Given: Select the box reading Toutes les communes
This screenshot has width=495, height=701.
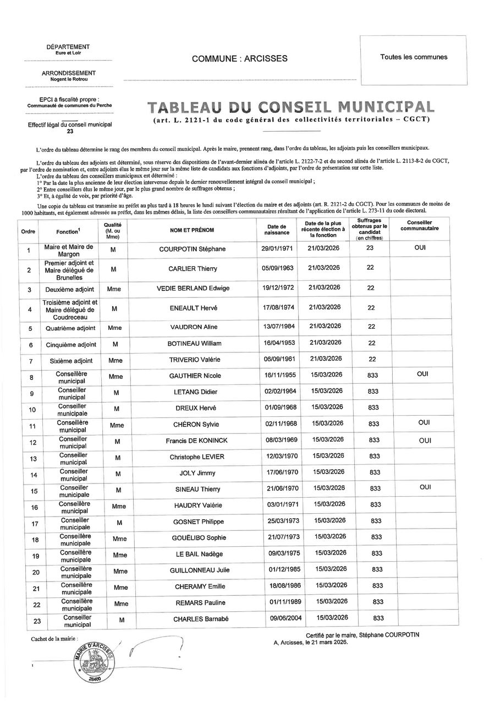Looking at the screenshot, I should [x=413, y=57].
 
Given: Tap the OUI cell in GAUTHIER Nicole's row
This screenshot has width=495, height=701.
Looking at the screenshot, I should [x=423, y=374].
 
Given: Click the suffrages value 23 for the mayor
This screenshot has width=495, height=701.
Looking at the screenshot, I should [x=370, y=248].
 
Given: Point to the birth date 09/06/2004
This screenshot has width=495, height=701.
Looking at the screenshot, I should [x=278, y=618].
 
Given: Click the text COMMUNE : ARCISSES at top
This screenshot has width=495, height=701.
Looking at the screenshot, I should [x=239, y=58].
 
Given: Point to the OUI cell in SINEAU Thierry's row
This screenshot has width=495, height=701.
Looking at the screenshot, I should [x=423, y=487].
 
